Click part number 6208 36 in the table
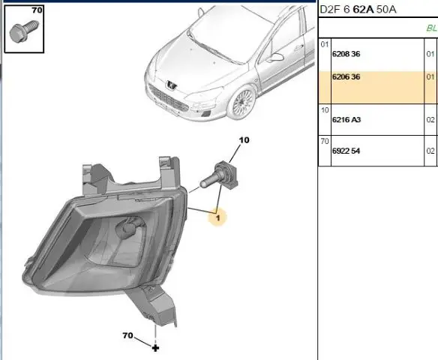click(x=346, y=54)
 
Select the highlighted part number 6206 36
click(x=346, y=76)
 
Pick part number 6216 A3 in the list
click(x=346, y=120)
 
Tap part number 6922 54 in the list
click(x=346, y=151)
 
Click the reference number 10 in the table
click(x=325, y=110)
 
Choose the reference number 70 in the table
click(x=325, y=142)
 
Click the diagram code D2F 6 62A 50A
click(x=358, y=10)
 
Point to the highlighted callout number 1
click(x=218, y=217)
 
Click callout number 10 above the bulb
click(x=244, y=140)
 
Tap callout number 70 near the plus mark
click(x=127, y=335)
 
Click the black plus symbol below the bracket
click(x=155, y=348)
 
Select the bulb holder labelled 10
click(x=219, y=176)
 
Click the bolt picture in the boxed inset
click(x=24, y=31)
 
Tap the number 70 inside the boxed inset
click(x=37, y=10)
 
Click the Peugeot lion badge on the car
click(x=171, y=85)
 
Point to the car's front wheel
click(x=242, y=103)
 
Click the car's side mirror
click(x=276, y=57)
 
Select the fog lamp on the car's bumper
click(x=206, y=113)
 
